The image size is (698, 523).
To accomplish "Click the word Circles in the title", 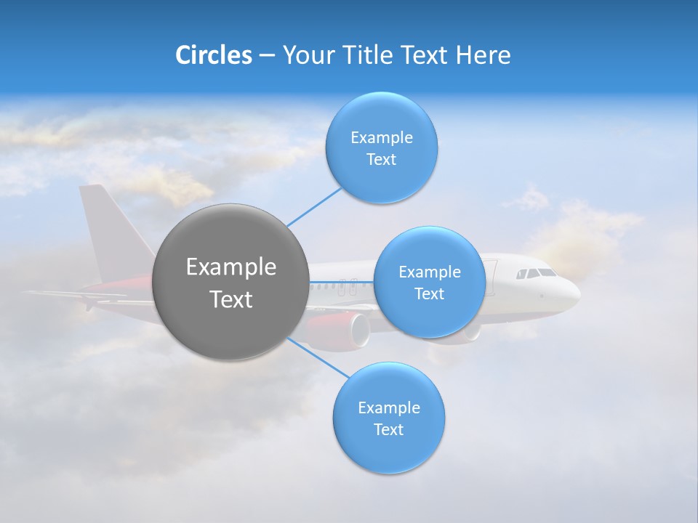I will pyautogui.click(x=213, y=55).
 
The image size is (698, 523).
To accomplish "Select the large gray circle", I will pyautogui.click(x=230, y=282).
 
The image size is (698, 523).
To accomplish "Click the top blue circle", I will pyautogui.click(x=381, y=147).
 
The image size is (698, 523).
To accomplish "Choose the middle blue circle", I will pyautogui.click(x=429, y=282).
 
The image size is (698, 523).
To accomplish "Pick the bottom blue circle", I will pyautogui.click(x=388, y=418).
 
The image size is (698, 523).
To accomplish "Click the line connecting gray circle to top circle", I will pyautogui.click(x=314, y=206).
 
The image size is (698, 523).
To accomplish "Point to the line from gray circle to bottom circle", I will pyautogui.click(x=318, y=357).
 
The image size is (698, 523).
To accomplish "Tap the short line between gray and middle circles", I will pyautogui.click(x=341, y=281).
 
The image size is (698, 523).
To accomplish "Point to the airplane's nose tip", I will pyautogui.click(x=578, y=294).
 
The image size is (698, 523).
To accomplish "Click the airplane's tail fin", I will pyautogui.click(x=100, y=225).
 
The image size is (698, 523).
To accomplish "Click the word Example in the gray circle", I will pyautogui.click(x=230, y=267).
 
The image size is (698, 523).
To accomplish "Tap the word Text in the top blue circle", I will pyautogui.click(x=381, y=159).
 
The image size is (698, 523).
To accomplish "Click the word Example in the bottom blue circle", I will pyautogui.click(x=388, y=408).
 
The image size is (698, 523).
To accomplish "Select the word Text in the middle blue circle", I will pyautogui.click(x=429, y=293).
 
